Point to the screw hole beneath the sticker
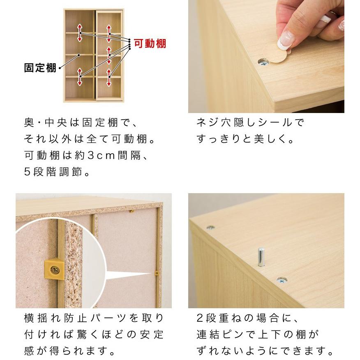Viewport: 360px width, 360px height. point(263,62)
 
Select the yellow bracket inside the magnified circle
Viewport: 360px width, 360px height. point(54,269)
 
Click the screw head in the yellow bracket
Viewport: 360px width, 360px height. point(55,270)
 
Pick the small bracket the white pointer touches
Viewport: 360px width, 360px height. point(157,272)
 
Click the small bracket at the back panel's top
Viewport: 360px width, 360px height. point(132,212)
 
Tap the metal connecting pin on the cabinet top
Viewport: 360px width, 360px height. point(261,257)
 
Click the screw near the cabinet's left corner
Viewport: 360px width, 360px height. point(210,227)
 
